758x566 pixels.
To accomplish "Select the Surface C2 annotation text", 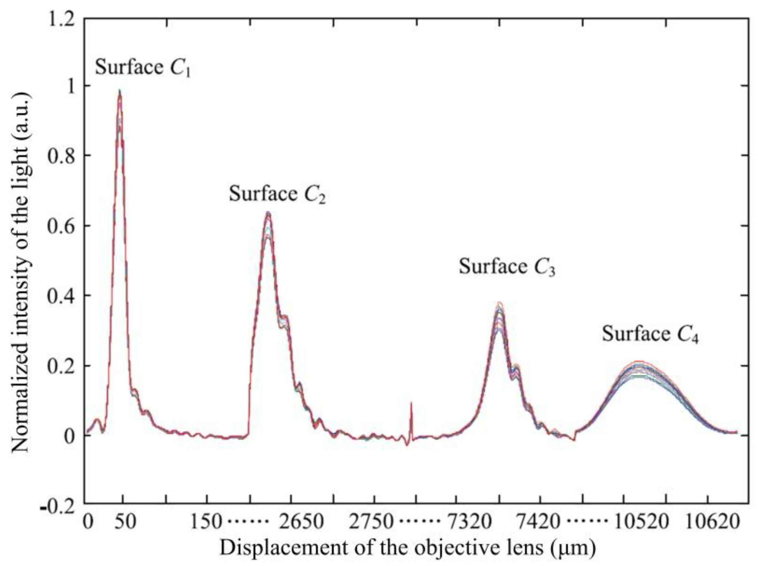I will (277, 194).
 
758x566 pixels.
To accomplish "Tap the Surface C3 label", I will (507, 267).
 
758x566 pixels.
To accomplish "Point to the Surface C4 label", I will (650, 334).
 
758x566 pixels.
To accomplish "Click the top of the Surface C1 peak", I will (120, 91).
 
